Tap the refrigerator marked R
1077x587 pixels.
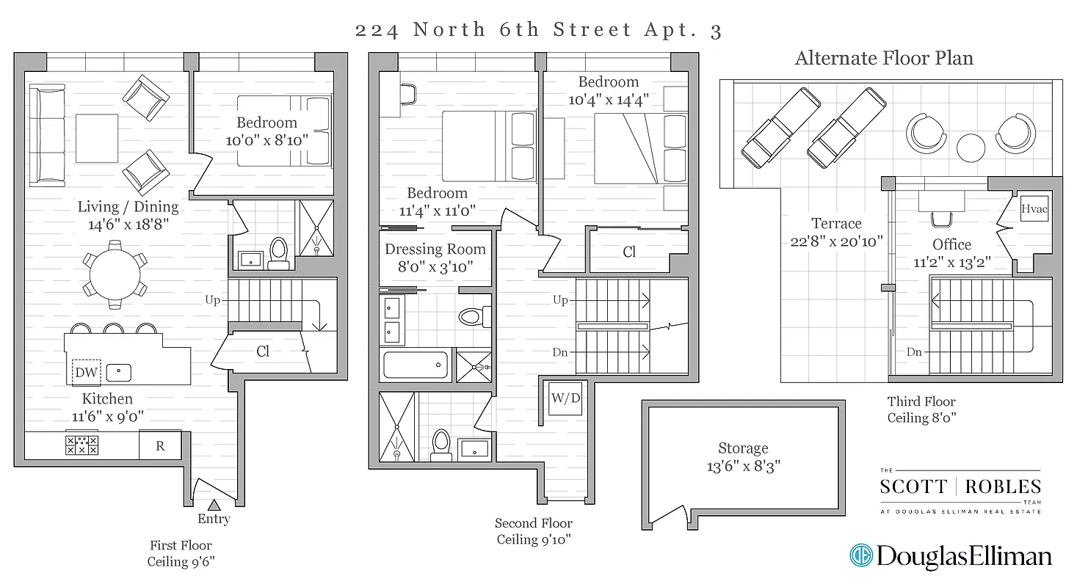(161, 445)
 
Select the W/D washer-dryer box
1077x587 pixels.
(565, 399)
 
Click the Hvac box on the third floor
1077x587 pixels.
(1034, 209)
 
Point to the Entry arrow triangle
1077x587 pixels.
(214, 505)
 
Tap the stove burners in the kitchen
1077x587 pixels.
(82, 445)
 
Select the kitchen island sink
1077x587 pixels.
(118, 373)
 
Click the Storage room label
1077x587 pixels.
(743, 448)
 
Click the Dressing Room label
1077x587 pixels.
(435, 249)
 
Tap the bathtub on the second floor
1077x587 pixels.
(415, 365)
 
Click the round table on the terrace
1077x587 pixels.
(971, 147)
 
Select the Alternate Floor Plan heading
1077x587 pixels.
(884, 58)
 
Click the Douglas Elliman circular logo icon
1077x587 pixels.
(860, 555)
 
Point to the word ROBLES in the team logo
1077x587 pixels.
(1003, 486)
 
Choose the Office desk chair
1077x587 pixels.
(940, 218)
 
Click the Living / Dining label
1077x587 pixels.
(128, 207)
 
